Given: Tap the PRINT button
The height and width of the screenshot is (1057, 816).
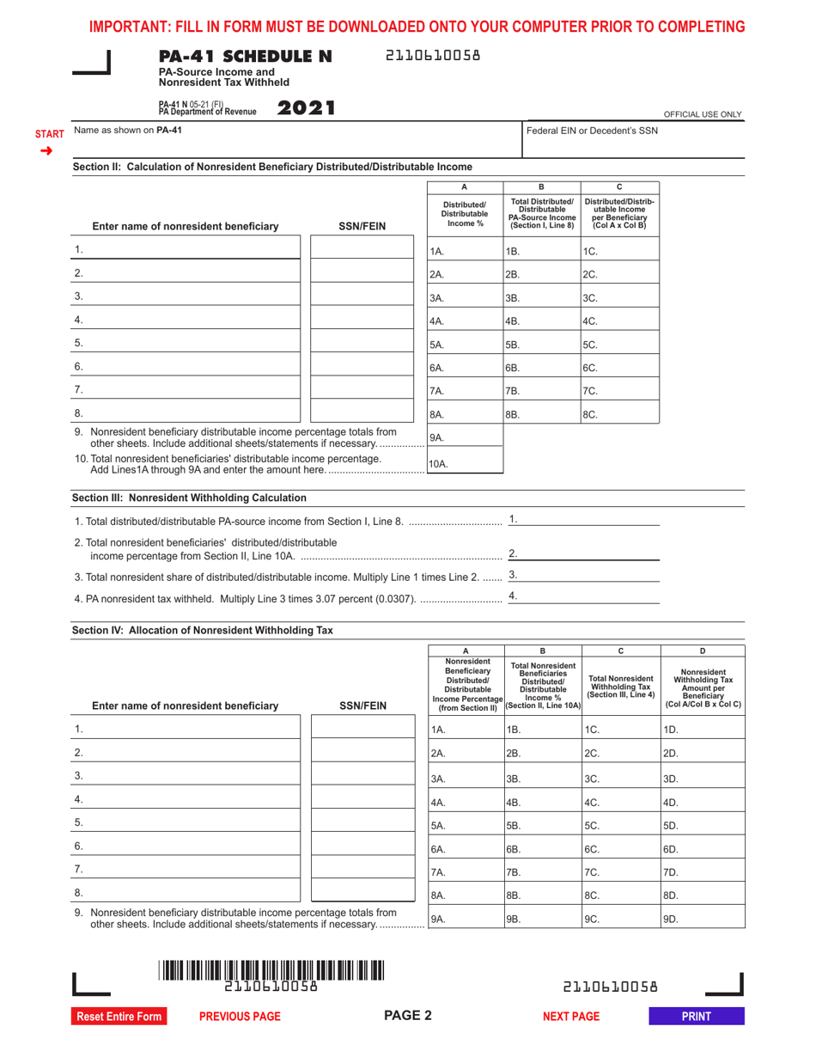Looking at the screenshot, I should pos(696,1017).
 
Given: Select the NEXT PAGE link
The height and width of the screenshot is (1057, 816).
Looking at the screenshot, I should pos(571,1017).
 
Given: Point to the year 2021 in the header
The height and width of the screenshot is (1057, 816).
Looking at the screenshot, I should pos(305,108).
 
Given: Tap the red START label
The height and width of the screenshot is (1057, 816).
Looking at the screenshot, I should pos(49,135).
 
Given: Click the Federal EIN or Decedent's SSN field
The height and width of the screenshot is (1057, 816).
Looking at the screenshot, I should pos(632,144).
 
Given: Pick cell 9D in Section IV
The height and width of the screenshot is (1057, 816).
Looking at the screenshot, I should pos(701,919).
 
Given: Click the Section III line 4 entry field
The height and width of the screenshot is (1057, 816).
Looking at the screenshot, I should pos(584,596).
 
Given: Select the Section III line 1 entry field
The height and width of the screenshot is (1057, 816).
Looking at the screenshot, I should pos(584,520).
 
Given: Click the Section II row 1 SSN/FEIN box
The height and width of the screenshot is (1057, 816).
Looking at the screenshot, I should pos(362,250).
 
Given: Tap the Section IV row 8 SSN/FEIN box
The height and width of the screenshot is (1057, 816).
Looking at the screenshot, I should pos(362,894).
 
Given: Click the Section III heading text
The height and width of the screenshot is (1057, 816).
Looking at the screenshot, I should pos(189,498).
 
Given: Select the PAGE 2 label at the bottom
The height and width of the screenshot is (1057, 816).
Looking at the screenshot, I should pos(407,1016).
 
